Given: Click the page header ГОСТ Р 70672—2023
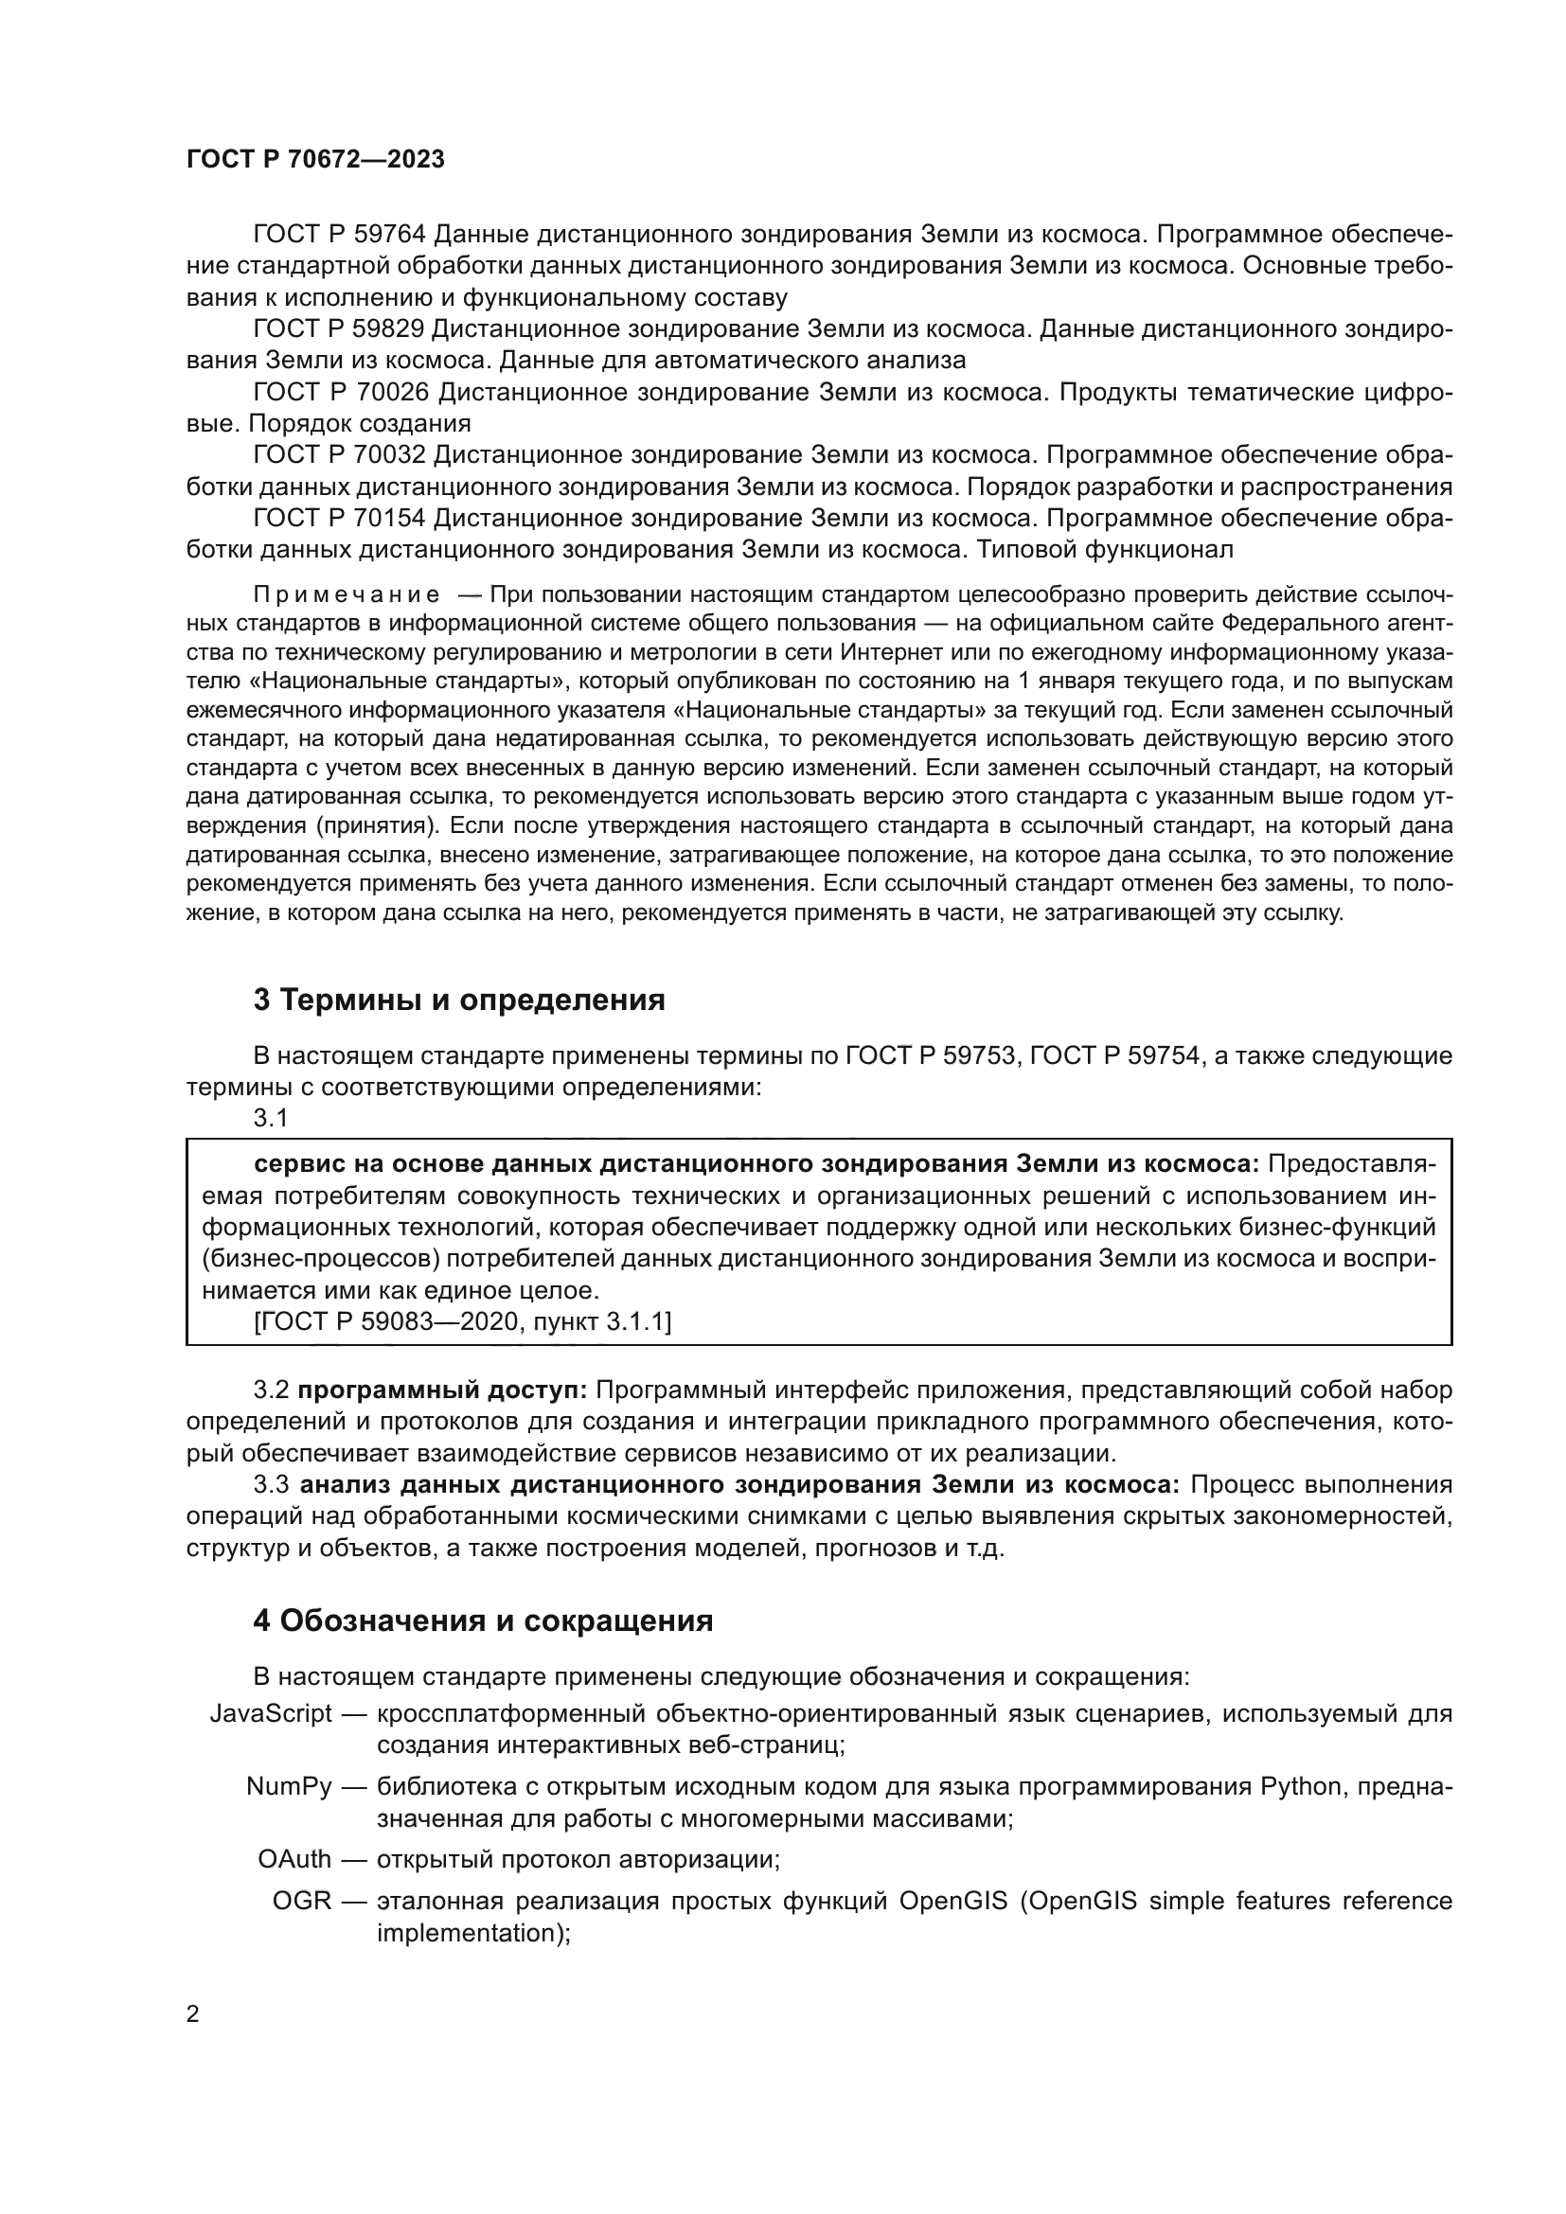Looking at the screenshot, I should coord(315,160).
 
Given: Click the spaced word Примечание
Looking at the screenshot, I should coord(347,595).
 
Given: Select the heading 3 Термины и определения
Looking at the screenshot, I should coord(459,1000).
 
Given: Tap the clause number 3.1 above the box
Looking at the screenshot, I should coord(270,1119).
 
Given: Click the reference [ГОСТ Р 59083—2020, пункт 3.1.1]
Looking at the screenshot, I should coord(463,1322).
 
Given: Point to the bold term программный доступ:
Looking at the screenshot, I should coord(442,1390).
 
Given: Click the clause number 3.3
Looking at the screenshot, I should coord(270,1485).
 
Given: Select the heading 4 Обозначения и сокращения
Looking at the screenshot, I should coord(483,1621).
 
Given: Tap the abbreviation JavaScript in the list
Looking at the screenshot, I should coord(271,1713).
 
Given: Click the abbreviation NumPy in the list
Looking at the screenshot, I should coord(289,1786).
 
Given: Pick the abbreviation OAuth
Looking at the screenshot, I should coord(294,1858).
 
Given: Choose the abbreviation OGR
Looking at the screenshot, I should coord(302,1901).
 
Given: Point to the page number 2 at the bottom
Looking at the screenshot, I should coord(193,2014).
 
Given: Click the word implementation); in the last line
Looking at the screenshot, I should coord(473,1933).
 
